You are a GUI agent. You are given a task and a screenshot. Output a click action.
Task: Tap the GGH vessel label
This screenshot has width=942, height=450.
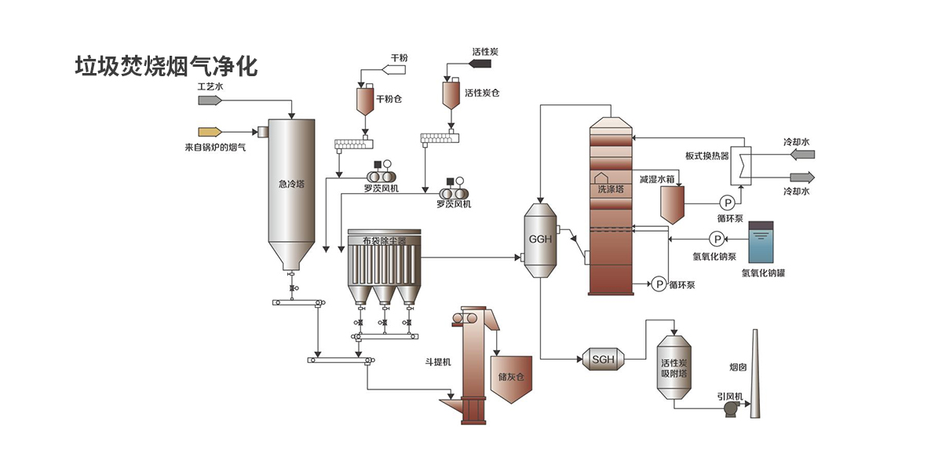(x=541, y=239)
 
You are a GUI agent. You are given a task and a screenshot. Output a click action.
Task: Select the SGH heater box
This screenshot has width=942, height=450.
(x=603, y=359)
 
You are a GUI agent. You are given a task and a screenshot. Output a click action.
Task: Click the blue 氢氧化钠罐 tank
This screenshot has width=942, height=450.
(x=760, y=243)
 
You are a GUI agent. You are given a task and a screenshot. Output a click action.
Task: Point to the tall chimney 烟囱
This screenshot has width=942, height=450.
(x=755, y=369)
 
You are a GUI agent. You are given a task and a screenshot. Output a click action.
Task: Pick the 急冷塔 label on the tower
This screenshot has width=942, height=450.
(x=291, y=184)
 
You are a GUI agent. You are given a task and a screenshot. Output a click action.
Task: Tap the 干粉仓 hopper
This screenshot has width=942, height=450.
(x=366, y=100)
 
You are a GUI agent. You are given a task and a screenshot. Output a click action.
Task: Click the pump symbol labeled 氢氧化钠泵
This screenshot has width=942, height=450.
(x=717, y=239)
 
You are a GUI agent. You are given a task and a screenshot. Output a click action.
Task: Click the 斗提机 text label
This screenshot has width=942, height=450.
(x=436, y=362)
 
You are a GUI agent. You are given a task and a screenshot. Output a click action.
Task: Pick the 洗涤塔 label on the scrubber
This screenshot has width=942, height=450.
(x=610, y=188)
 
